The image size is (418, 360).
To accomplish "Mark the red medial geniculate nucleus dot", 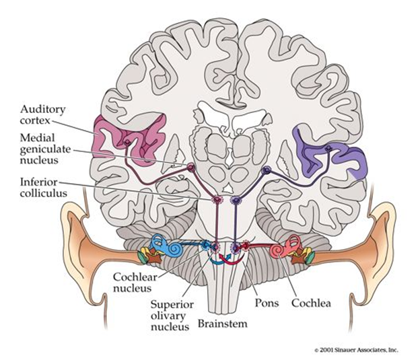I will coord(190,168).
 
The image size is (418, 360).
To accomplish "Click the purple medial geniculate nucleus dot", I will coord(266,171).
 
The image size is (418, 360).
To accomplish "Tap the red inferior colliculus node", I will coord(217,201).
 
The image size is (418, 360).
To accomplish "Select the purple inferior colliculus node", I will coord(235,201).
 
